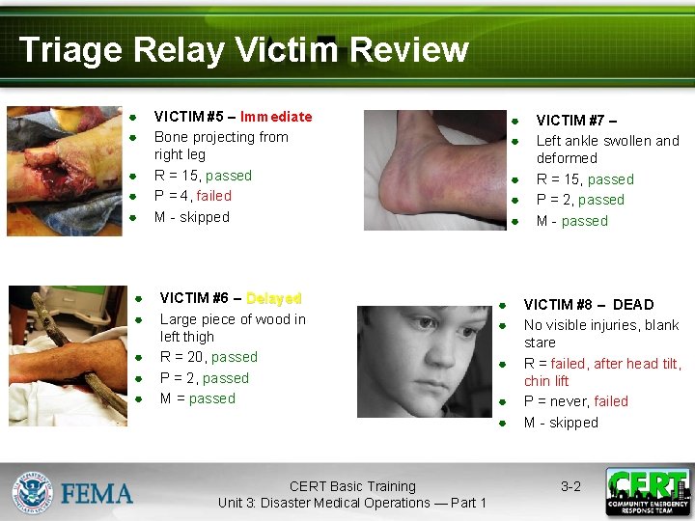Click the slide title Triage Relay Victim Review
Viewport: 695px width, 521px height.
[x=243, y=49]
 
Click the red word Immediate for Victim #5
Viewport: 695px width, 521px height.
[x=276, y=117]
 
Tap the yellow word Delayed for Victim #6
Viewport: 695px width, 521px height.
[x=273, y=299]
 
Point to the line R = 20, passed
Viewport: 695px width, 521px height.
[x=208, y=357]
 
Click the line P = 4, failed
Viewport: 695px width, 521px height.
[x=193, y=196]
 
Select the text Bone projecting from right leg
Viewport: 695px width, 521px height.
[x=221, y=146]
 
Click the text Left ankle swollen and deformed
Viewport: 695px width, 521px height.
[x=607, y=150]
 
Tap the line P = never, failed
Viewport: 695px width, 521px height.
[x=575, y=401]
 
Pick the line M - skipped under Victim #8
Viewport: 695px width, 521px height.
[x=561, y=423]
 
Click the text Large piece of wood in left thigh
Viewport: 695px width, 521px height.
[x=232, y=328]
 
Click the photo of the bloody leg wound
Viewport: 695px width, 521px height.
[x=64, y=171]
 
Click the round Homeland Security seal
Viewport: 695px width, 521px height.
[x=32, y=492]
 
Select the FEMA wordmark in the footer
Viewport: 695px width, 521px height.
[x=97, y=494]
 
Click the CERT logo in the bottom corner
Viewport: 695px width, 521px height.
[x=648, y=492]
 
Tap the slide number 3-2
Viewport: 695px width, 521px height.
[x=570, y=487]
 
